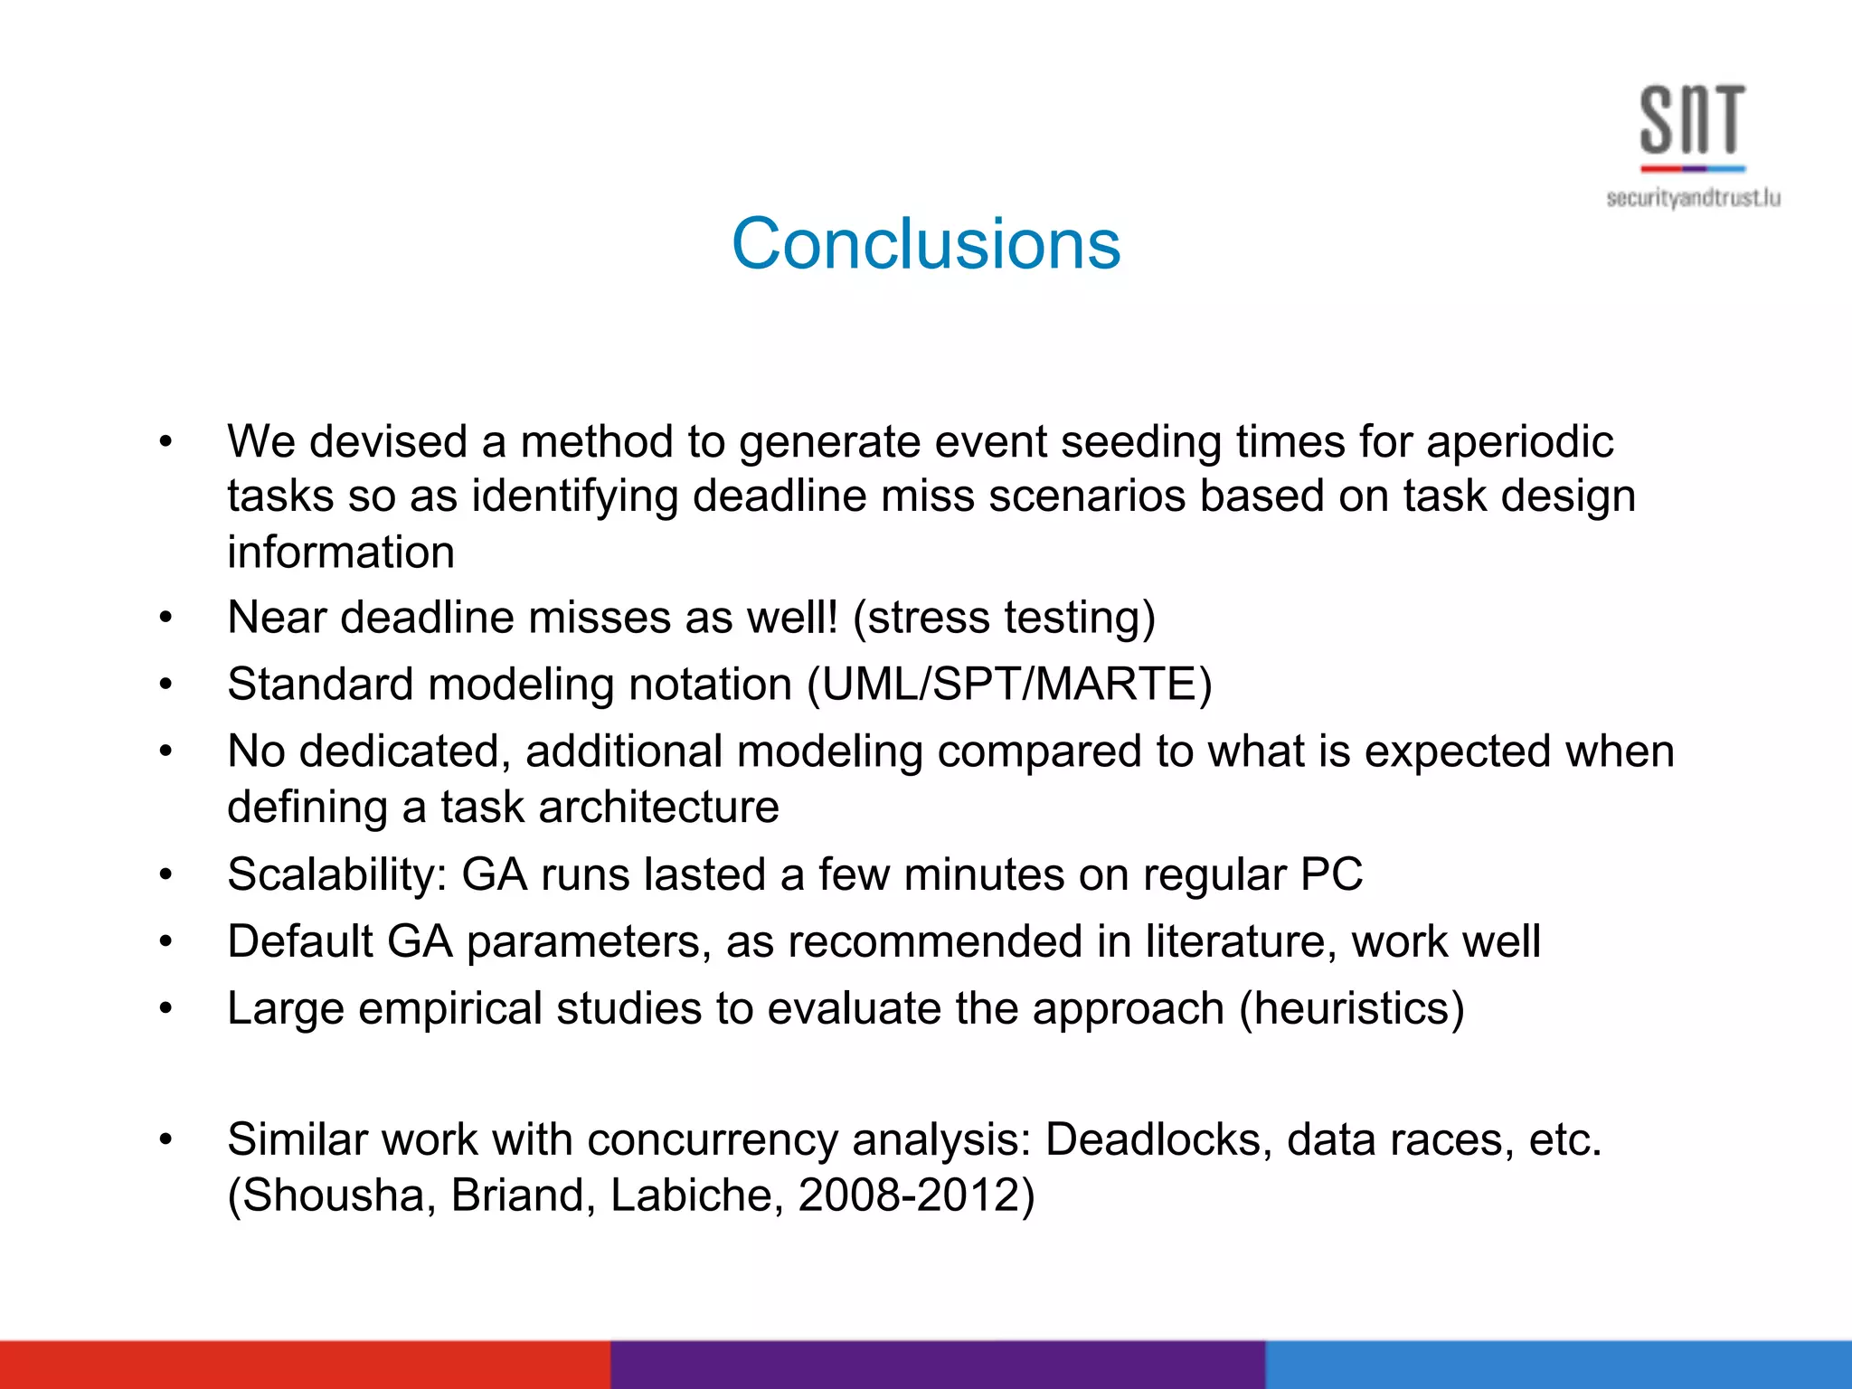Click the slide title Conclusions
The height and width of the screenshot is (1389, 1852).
pos(925,244)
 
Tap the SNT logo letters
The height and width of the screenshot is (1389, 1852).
pos(1692,120)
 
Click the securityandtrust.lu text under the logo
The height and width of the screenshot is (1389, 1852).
pos(1693,198)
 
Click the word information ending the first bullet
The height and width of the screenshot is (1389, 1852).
pos(340,553)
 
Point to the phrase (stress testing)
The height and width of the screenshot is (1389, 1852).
pos(1004,619)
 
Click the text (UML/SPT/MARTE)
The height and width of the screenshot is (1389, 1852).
pos(1009,685)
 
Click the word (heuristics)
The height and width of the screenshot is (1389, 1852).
pos(1351,1008)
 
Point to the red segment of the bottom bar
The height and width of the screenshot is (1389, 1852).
pos(305,1365)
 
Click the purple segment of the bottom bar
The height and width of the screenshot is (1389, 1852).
pos(937,1365)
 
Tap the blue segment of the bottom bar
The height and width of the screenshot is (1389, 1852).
pos(1558,1365)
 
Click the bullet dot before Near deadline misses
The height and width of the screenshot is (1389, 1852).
pos(165,619)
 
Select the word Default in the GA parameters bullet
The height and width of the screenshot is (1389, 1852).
pos(299,941)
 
